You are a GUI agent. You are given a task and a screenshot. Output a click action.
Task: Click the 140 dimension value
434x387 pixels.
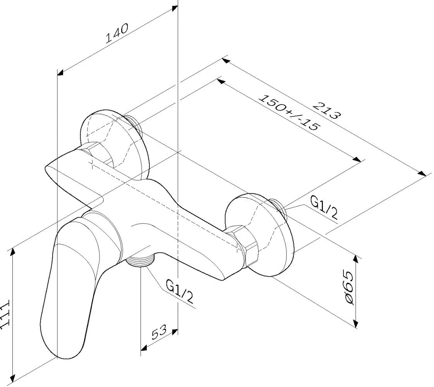117,33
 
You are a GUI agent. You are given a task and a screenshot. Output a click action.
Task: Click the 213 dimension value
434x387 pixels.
326,110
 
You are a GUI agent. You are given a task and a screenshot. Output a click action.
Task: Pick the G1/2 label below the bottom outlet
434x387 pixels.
179,291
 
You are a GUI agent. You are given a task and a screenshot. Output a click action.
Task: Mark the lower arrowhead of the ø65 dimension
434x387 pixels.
356,323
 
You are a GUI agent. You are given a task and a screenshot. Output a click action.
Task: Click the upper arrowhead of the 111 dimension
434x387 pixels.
12,252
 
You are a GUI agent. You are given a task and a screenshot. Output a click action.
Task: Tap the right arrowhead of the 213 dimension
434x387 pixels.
422,173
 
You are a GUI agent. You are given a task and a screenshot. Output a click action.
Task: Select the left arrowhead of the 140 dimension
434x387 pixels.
61,73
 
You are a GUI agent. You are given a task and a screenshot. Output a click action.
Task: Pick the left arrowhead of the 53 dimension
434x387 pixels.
144,348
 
